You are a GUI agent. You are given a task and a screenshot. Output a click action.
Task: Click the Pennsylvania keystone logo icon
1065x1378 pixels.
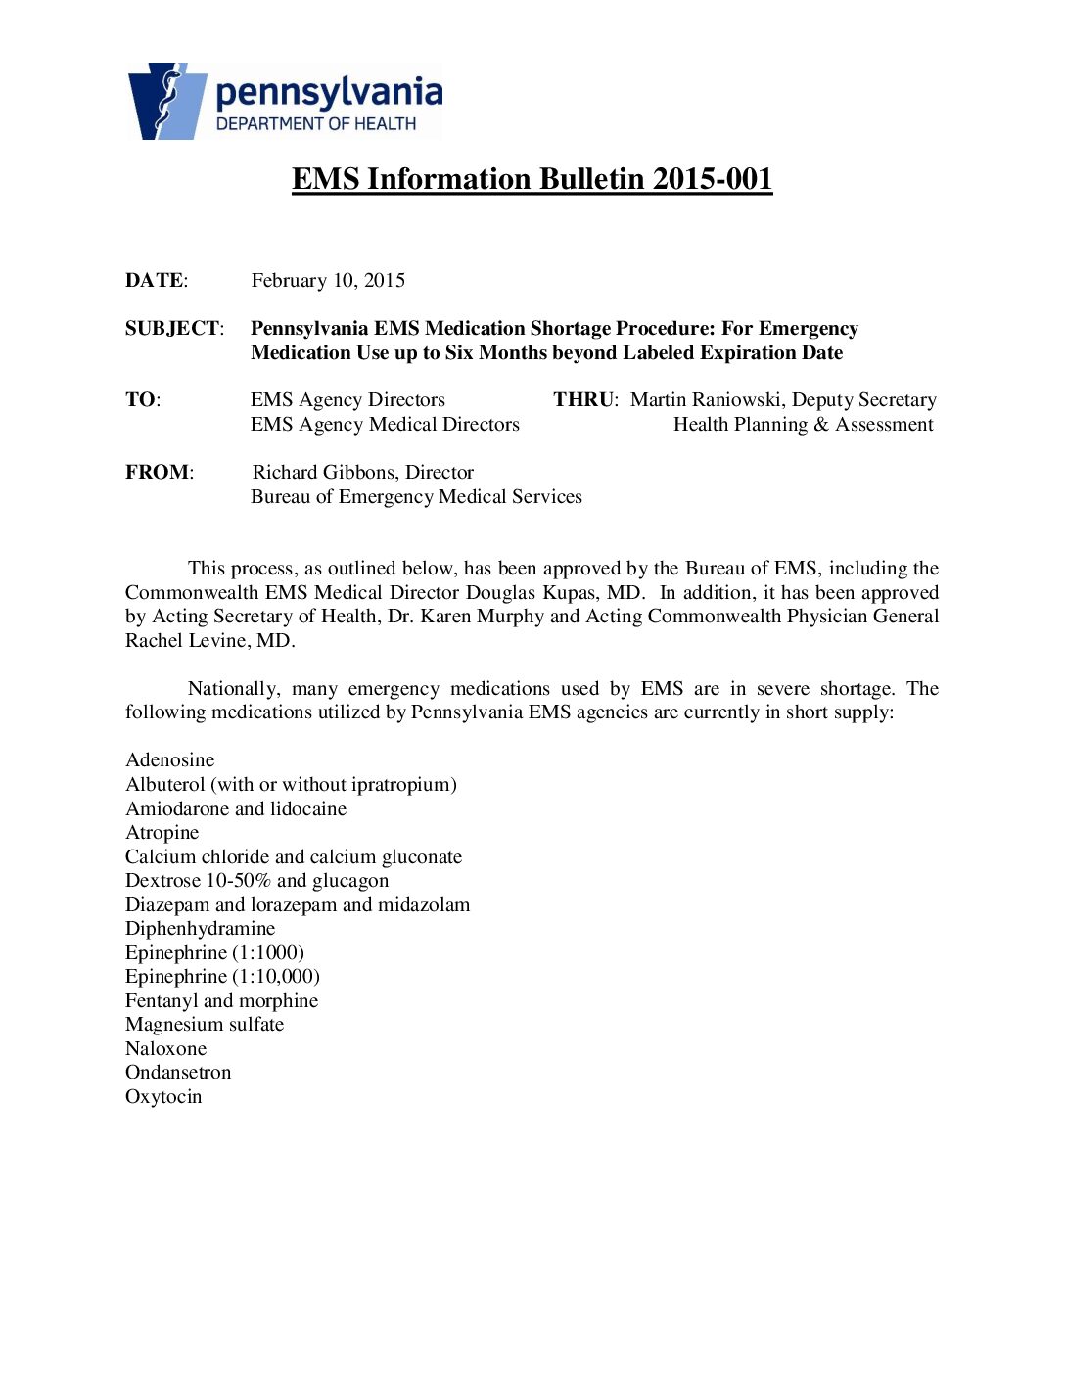point(166,101)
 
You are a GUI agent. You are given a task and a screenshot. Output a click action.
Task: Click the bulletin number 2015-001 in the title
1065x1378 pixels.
point(713,179)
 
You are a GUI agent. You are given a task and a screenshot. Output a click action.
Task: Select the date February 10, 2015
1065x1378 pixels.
point(328,281)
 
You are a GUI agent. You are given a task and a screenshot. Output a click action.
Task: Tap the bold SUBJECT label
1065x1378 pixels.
point(172,329)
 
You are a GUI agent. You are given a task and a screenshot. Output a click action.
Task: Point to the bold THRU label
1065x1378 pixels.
point(584,400)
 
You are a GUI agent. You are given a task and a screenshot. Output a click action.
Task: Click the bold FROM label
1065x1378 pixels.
point(158,473)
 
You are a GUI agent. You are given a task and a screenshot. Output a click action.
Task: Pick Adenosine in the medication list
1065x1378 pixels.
point(170,760)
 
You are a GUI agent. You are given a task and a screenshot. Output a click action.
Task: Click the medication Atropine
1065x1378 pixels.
point(162,833)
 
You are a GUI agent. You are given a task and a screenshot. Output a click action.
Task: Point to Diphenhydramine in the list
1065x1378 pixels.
point(201,929)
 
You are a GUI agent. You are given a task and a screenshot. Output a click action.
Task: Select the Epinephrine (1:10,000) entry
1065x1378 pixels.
point(223,977)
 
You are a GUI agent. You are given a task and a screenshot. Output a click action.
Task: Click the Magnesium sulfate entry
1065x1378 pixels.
point(205,1025)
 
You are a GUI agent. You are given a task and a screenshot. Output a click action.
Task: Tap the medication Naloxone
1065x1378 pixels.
point(166,1049)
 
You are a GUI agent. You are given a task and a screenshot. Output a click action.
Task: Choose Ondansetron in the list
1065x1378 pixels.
point(178,1073)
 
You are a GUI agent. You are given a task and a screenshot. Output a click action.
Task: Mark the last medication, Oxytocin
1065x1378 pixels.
point(163,1097)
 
